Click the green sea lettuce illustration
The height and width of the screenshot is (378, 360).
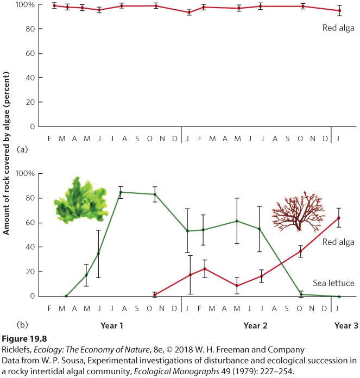click(81, 200)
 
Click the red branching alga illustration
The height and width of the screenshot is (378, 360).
click(299, 211)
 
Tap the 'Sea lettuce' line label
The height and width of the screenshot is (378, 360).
click(333, 283)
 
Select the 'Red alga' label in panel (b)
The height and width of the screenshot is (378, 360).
click(338, 242)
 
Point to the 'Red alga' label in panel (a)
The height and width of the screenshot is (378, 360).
click(338, 28)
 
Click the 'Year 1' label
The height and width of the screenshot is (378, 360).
click(112, 326)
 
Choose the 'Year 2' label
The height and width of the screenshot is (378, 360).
click(255, 326)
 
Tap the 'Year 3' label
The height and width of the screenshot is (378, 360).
click(346, 326)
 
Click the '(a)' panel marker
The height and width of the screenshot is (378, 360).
click(22, 149)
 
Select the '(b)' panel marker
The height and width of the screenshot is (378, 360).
click(22, 325)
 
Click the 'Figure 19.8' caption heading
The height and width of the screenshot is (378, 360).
click(24, 339)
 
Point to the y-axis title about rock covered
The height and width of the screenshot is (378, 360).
click(6, 153)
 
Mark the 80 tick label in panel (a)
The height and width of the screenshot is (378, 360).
click(30, 29)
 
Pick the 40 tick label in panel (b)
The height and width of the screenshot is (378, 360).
click(30, 247)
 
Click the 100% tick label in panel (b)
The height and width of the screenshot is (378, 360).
click(26, 174)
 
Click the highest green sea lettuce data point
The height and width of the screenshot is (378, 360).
click(121, 192)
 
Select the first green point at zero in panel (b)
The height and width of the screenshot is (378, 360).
click(66, 296)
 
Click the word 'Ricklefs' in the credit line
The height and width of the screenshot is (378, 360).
click(17, 350)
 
